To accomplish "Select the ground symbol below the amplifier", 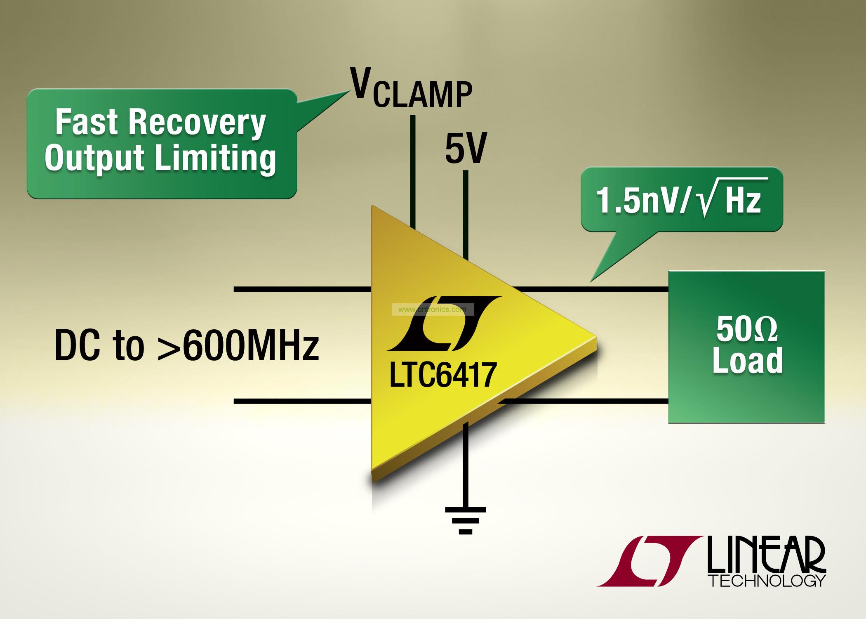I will point(465,520).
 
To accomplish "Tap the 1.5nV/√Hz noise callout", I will point(681,201).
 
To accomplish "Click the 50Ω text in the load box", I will point(747,331).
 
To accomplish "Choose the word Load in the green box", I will point(747,360).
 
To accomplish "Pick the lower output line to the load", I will point(586,401).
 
